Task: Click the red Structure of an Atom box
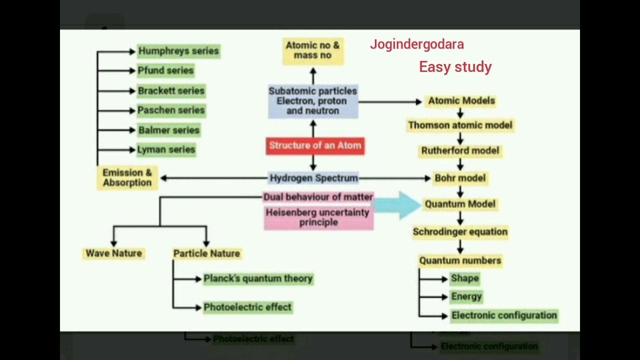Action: [315, 145]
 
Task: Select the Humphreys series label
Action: [178, 51]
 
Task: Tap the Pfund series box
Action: [165, 70]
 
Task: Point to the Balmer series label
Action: [169, 130]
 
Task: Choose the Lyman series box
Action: [166, 149]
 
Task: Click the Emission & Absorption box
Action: [127, 177]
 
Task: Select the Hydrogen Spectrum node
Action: [313, 178]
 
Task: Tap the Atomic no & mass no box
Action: [312, 50]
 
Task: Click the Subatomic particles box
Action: [312, 101]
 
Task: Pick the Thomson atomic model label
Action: [460, 125]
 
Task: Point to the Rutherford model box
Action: [460, 150]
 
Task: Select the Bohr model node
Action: [460, 178]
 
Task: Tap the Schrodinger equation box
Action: [460, 232]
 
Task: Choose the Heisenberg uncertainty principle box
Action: [318, 217]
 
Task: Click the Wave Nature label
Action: [114, 253]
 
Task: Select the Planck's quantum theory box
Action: [258, 278]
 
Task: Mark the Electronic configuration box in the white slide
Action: [503, 315]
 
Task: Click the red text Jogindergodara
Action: [416, 44]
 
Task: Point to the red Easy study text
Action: [455, 67]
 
